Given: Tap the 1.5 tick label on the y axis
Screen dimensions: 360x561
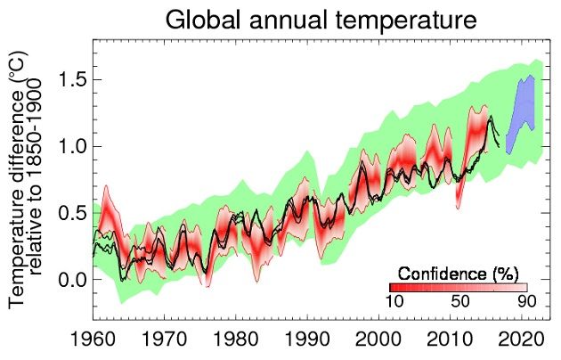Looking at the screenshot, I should coord(74,79).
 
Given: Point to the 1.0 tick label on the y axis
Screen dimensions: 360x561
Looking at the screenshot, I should coord(74,146).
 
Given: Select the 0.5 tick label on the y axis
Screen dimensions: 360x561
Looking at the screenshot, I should coord(74,213).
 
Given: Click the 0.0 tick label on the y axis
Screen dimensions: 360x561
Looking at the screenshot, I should coord(74,280).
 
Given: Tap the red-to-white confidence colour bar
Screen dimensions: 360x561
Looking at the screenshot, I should coord(458,288).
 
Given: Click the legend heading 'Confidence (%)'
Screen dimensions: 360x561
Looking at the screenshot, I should coord(458,271).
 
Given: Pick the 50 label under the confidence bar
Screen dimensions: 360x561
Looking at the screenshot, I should coord(459,303).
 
